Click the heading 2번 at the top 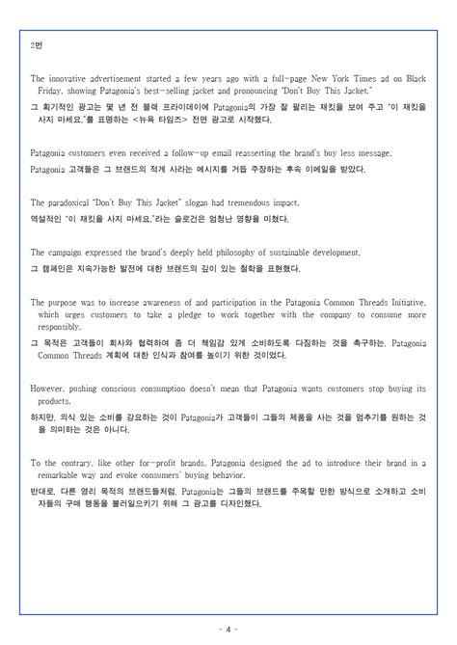click(37, 45)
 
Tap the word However click(49, 389)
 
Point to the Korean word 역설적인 click(48, 217)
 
